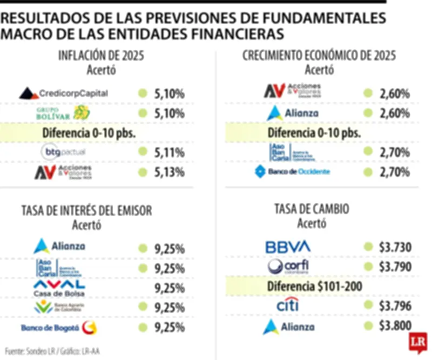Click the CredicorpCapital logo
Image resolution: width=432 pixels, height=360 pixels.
click(63, 94)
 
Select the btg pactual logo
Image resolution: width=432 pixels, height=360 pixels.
click(63, 152)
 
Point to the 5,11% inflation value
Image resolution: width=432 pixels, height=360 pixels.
click(169, 152)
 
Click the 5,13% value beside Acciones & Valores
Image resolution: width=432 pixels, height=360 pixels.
click(169, 172)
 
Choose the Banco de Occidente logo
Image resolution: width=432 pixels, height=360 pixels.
click(292, 172)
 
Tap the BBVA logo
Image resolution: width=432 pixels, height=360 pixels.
click(288, 247)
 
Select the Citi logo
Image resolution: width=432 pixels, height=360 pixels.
click(288, 306)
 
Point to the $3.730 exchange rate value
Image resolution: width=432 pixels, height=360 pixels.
click(395, 248)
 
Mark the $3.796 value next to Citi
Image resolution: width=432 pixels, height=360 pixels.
click(395, 306)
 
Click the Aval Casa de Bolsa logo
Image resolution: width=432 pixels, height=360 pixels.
click(59, 288)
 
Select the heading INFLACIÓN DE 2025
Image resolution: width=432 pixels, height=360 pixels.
click(101, 56)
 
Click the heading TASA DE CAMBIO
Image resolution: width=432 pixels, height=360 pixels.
click(311, 209)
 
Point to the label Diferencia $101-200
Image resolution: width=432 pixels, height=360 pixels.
click(315, 286)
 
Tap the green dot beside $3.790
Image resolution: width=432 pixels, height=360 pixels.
click(368, 266)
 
